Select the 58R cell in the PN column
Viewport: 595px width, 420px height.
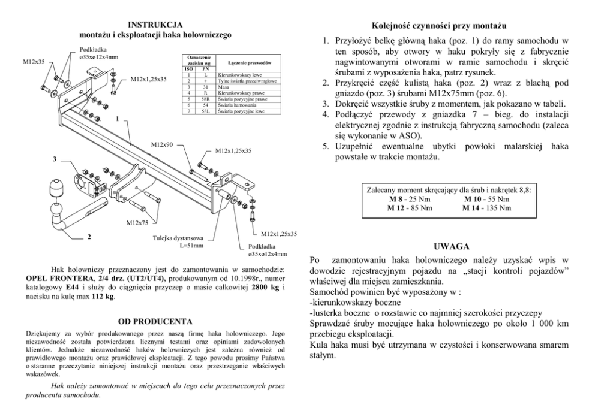click(x=205, y=99)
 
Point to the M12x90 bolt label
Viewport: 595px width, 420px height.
click(x=161, y=145)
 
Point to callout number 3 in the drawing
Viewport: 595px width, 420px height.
click(x=55, y=159)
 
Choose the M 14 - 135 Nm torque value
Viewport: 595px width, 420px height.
click(x=486, y=208)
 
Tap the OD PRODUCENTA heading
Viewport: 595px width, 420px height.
click(x=155, y=321)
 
